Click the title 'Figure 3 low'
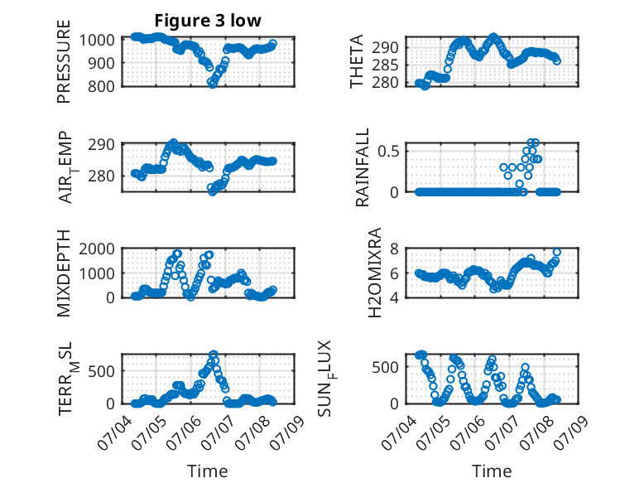[208, 21]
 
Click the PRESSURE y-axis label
[64, 61]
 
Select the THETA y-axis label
[357, 61]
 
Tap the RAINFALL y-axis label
[363, 167]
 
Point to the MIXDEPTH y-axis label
[64, 273]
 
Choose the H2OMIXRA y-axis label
[375, 273]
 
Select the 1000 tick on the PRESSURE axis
[97, 41]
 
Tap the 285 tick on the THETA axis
[385, 65]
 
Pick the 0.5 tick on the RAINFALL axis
[388, 151]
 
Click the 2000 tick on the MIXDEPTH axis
[97, 249]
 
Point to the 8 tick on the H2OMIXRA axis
[394, 249]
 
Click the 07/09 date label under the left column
[288, 432]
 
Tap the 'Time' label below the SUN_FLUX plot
[492, 471]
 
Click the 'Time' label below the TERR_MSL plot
[208, 471]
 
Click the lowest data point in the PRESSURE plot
[212, 84]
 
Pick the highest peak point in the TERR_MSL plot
[214, 355]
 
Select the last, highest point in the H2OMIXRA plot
[557, 253]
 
